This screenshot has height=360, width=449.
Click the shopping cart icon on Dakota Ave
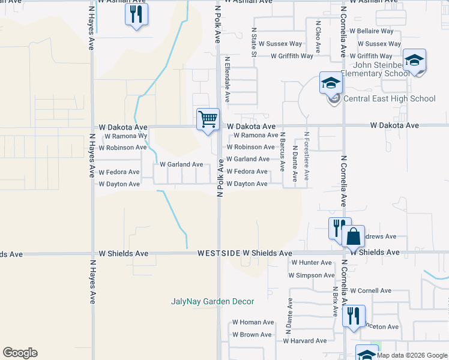[x=208, y=119]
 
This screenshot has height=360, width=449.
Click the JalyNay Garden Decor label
[x=212, y=301]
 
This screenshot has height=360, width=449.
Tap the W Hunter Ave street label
[x=311, y=263]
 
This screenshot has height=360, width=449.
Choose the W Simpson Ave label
[x=311, y=275]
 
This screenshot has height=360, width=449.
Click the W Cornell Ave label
[x=370, y=290]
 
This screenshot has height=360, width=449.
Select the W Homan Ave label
[x=253, y=322]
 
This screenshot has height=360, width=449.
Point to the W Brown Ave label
[x=253, y=335]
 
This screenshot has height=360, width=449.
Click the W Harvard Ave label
[x=305, y=341]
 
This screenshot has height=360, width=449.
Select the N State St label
[x=254, y=42]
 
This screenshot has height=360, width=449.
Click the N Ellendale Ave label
[x=228, y=79]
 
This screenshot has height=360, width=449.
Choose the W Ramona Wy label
[x=126, y=136]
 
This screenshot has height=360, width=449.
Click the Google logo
[x=20, y=353]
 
